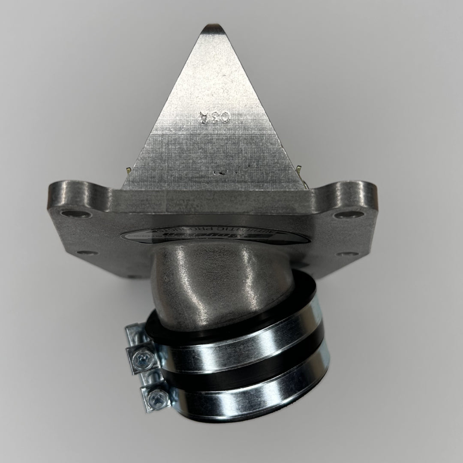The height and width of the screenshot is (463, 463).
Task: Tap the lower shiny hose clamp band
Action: coord(249,392)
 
